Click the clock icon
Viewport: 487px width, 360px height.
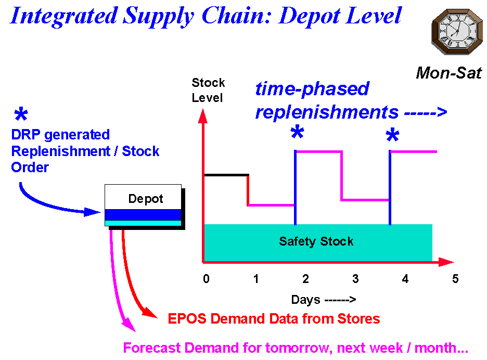[457, 32]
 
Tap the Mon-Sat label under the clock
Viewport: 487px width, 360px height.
[449, 73]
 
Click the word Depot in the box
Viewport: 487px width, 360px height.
[146, 199]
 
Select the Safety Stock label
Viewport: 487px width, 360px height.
[316, 241]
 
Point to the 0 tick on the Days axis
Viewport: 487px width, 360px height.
[206, 279]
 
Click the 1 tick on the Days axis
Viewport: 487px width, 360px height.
[256, 279]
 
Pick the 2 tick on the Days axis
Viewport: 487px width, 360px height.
[305, 279]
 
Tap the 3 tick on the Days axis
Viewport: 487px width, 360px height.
[355, 279]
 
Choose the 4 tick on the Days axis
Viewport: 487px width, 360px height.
[405, 279]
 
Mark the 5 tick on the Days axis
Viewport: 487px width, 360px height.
[455, 279]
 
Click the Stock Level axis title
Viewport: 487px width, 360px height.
[208, 90]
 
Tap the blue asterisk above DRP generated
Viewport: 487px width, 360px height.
[21, 114]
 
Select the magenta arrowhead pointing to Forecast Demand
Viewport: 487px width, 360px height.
[129, 325]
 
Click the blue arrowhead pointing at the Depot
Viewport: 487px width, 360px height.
[93, 212]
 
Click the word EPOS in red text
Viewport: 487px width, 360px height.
[187, 319]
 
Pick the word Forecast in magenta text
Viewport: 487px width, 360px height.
[152, 348]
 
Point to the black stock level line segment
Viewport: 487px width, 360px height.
[226, 175]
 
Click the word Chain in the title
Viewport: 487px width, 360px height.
[237, 16]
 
